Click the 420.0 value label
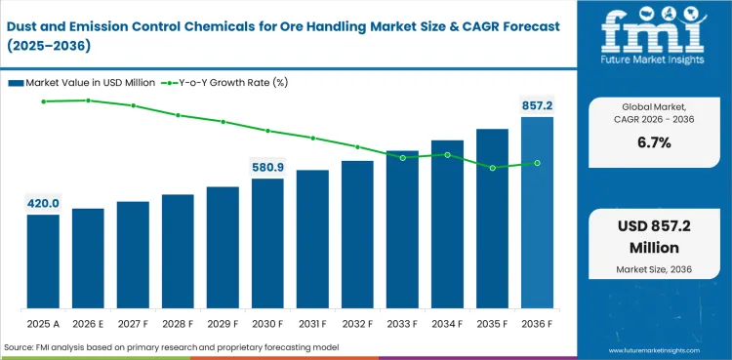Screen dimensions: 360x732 tap(43, 203)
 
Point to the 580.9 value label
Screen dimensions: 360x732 tap(267, 167)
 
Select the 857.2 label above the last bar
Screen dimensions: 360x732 tap(537, 104)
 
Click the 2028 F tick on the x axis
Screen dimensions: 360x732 tap(178, 323)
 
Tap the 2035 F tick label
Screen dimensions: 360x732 tap(492, 323)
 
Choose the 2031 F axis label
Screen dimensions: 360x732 tap(312, 323)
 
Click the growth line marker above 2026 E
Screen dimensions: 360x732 tap(88, 100)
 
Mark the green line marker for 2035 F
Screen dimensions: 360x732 tap(493, 168)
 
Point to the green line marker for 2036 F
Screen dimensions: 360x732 tap(537, 163)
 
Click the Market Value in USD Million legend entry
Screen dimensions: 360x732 tap(82, 82)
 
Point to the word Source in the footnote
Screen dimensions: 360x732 tap(20, 347)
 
